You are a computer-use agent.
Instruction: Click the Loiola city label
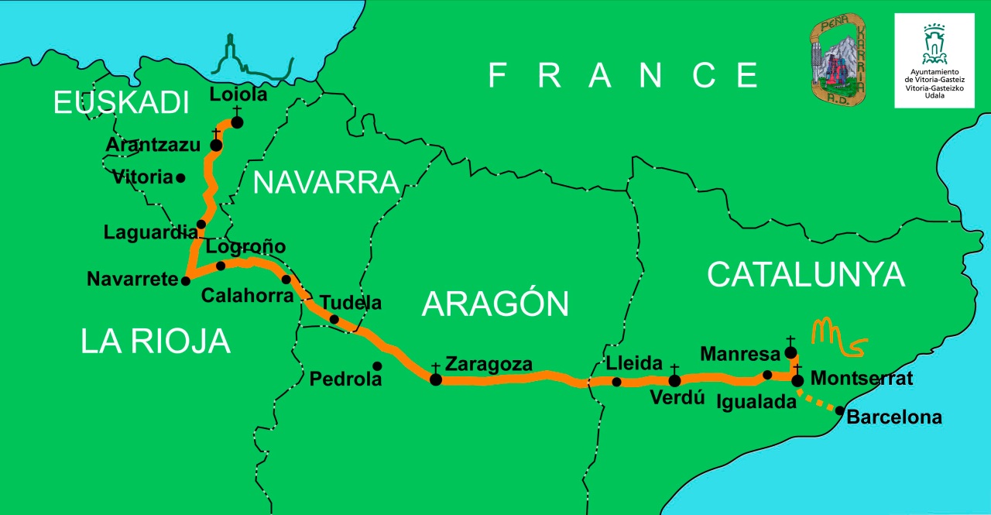click(x=238, y=95)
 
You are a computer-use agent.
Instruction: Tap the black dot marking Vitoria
click(x=180, y=177)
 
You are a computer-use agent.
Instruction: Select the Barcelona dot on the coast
click(x=840, y=410)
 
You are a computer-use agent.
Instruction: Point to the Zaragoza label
click(x=489, y=364)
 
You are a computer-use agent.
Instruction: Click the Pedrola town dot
click(x=377, y=366)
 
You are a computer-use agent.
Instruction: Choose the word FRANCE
click(x=623, y=75)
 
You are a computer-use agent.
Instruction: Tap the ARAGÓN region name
click(x=495, y=304)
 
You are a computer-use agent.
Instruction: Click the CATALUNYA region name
click(x=805, y=274)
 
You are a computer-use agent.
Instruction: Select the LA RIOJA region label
click(x=156, y=341)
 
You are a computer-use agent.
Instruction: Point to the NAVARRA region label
click(x=326, y=183)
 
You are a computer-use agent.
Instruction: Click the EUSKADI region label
click(x=121, y=103)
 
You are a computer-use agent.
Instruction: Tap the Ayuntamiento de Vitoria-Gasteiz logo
click(x=934, y=60)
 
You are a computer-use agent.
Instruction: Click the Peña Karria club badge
click(x=838, y=60)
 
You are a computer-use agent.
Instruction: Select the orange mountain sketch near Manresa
click(x=837, y=338)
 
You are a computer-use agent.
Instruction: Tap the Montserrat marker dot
click(x=797, y=379)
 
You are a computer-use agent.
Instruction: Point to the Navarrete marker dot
click(x=186, y=280)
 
